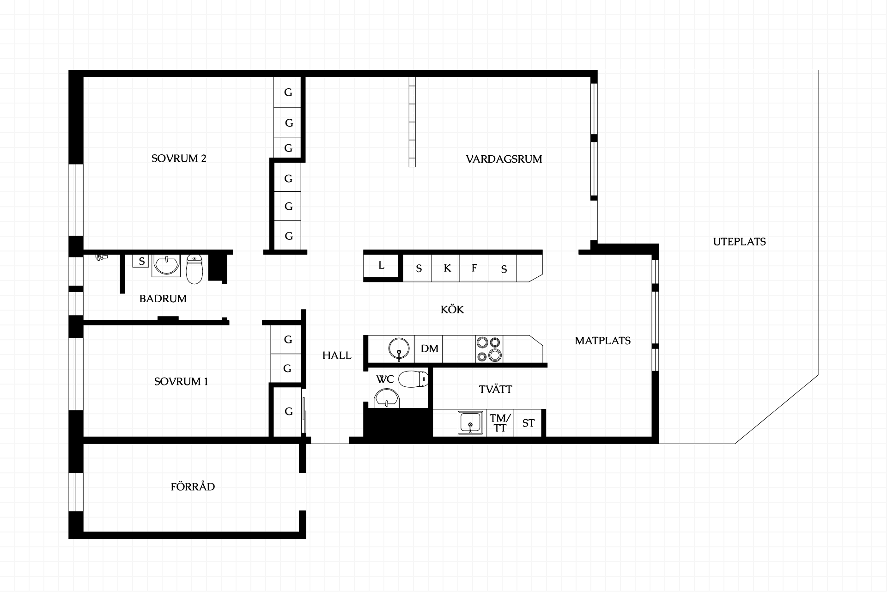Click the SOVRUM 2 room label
(179, 159)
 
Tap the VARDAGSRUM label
(504, 159)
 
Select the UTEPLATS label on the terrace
(739, 242)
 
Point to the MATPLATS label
(602, 341)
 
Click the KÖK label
(452, 309)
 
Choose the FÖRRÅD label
(193, 486)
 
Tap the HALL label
(337, 355)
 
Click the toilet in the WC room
(413, 379)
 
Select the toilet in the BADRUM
(194, 269)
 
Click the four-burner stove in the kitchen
(489, 349)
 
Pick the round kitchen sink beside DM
(399, 349)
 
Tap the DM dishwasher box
(429, 349)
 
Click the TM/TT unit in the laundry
(500, 423)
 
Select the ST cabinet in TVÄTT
(528, 423)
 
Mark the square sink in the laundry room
(470, 423)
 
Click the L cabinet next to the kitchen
(381, 266)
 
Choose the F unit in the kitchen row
(474, 268)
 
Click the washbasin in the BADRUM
(165, 265)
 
